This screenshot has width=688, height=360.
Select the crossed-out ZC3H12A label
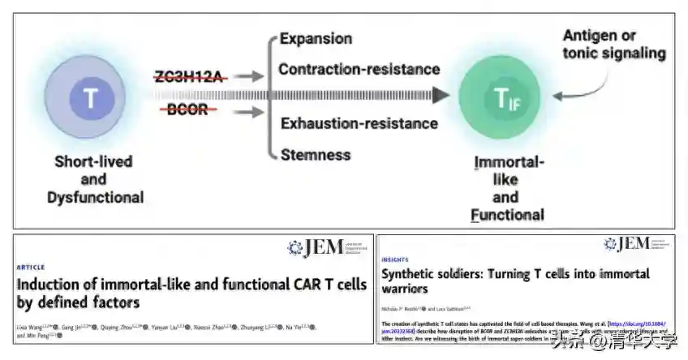188,76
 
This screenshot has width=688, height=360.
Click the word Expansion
316,39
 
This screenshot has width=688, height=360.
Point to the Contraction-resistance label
359,70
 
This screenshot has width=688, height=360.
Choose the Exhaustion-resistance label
359,123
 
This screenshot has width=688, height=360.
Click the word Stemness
315,154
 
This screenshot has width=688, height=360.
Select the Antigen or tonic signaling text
614,45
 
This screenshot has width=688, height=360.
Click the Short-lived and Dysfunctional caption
94,178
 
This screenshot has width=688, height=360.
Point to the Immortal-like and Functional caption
507,188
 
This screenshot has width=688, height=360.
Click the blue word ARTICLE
31,267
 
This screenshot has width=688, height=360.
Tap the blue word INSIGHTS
396,260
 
